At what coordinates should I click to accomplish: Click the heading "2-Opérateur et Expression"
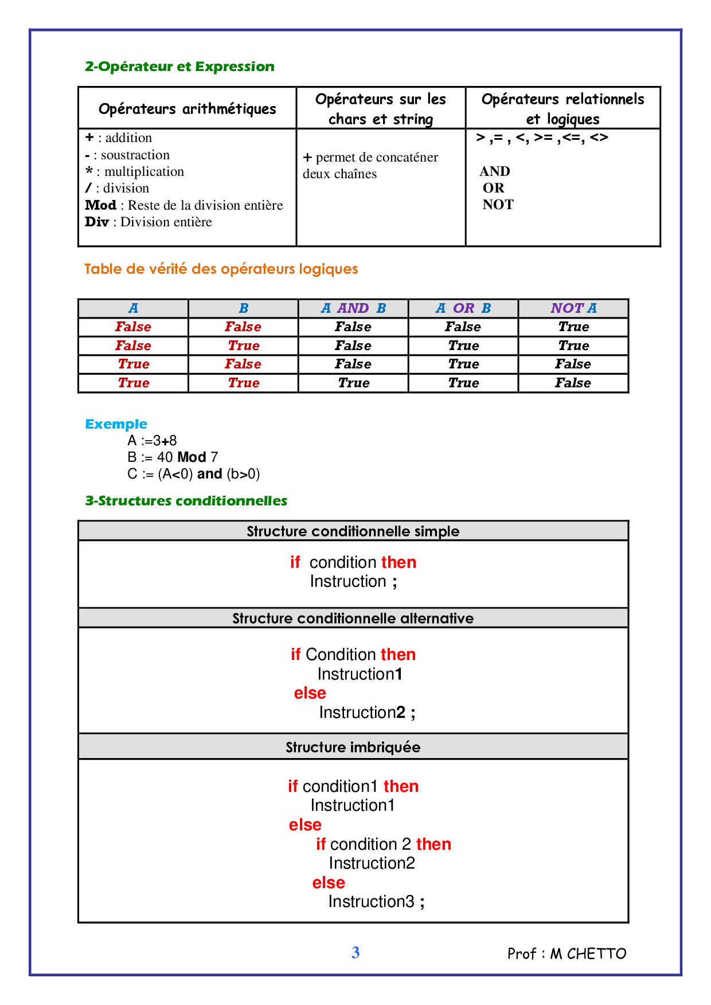(179, 66)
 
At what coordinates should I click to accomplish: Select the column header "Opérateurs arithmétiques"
(187, 109)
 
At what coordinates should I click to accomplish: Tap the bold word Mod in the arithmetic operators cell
(100, 205)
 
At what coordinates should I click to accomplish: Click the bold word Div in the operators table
(96, 222)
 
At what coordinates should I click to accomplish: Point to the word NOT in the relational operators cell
(498, 205)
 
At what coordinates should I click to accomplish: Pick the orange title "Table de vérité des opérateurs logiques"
(221, 269)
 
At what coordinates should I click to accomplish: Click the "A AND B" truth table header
(353, 308)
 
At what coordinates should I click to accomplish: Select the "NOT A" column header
(573, 308)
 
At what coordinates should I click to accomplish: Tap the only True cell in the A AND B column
(353, 383)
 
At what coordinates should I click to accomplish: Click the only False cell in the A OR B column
(463, 327)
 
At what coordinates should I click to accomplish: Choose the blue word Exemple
(116, 424)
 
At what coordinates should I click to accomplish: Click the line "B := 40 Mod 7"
(173, 457)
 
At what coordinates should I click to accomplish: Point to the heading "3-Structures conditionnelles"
(186, 501)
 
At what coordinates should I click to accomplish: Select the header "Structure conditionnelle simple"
(353, 531)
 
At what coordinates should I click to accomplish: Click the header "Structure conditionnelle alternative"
(353, 618)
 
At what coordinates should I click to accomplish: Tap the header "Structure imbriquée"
(353, 747)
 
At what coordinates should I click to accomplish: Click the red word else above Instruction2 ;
(310, 693)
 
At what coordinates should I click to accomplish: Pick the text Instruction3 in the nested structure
(371, 902)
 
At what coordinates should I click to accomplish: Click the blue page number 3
(355, 952)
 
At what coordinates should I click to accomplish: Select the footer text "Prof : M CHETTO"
(567, 953)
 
